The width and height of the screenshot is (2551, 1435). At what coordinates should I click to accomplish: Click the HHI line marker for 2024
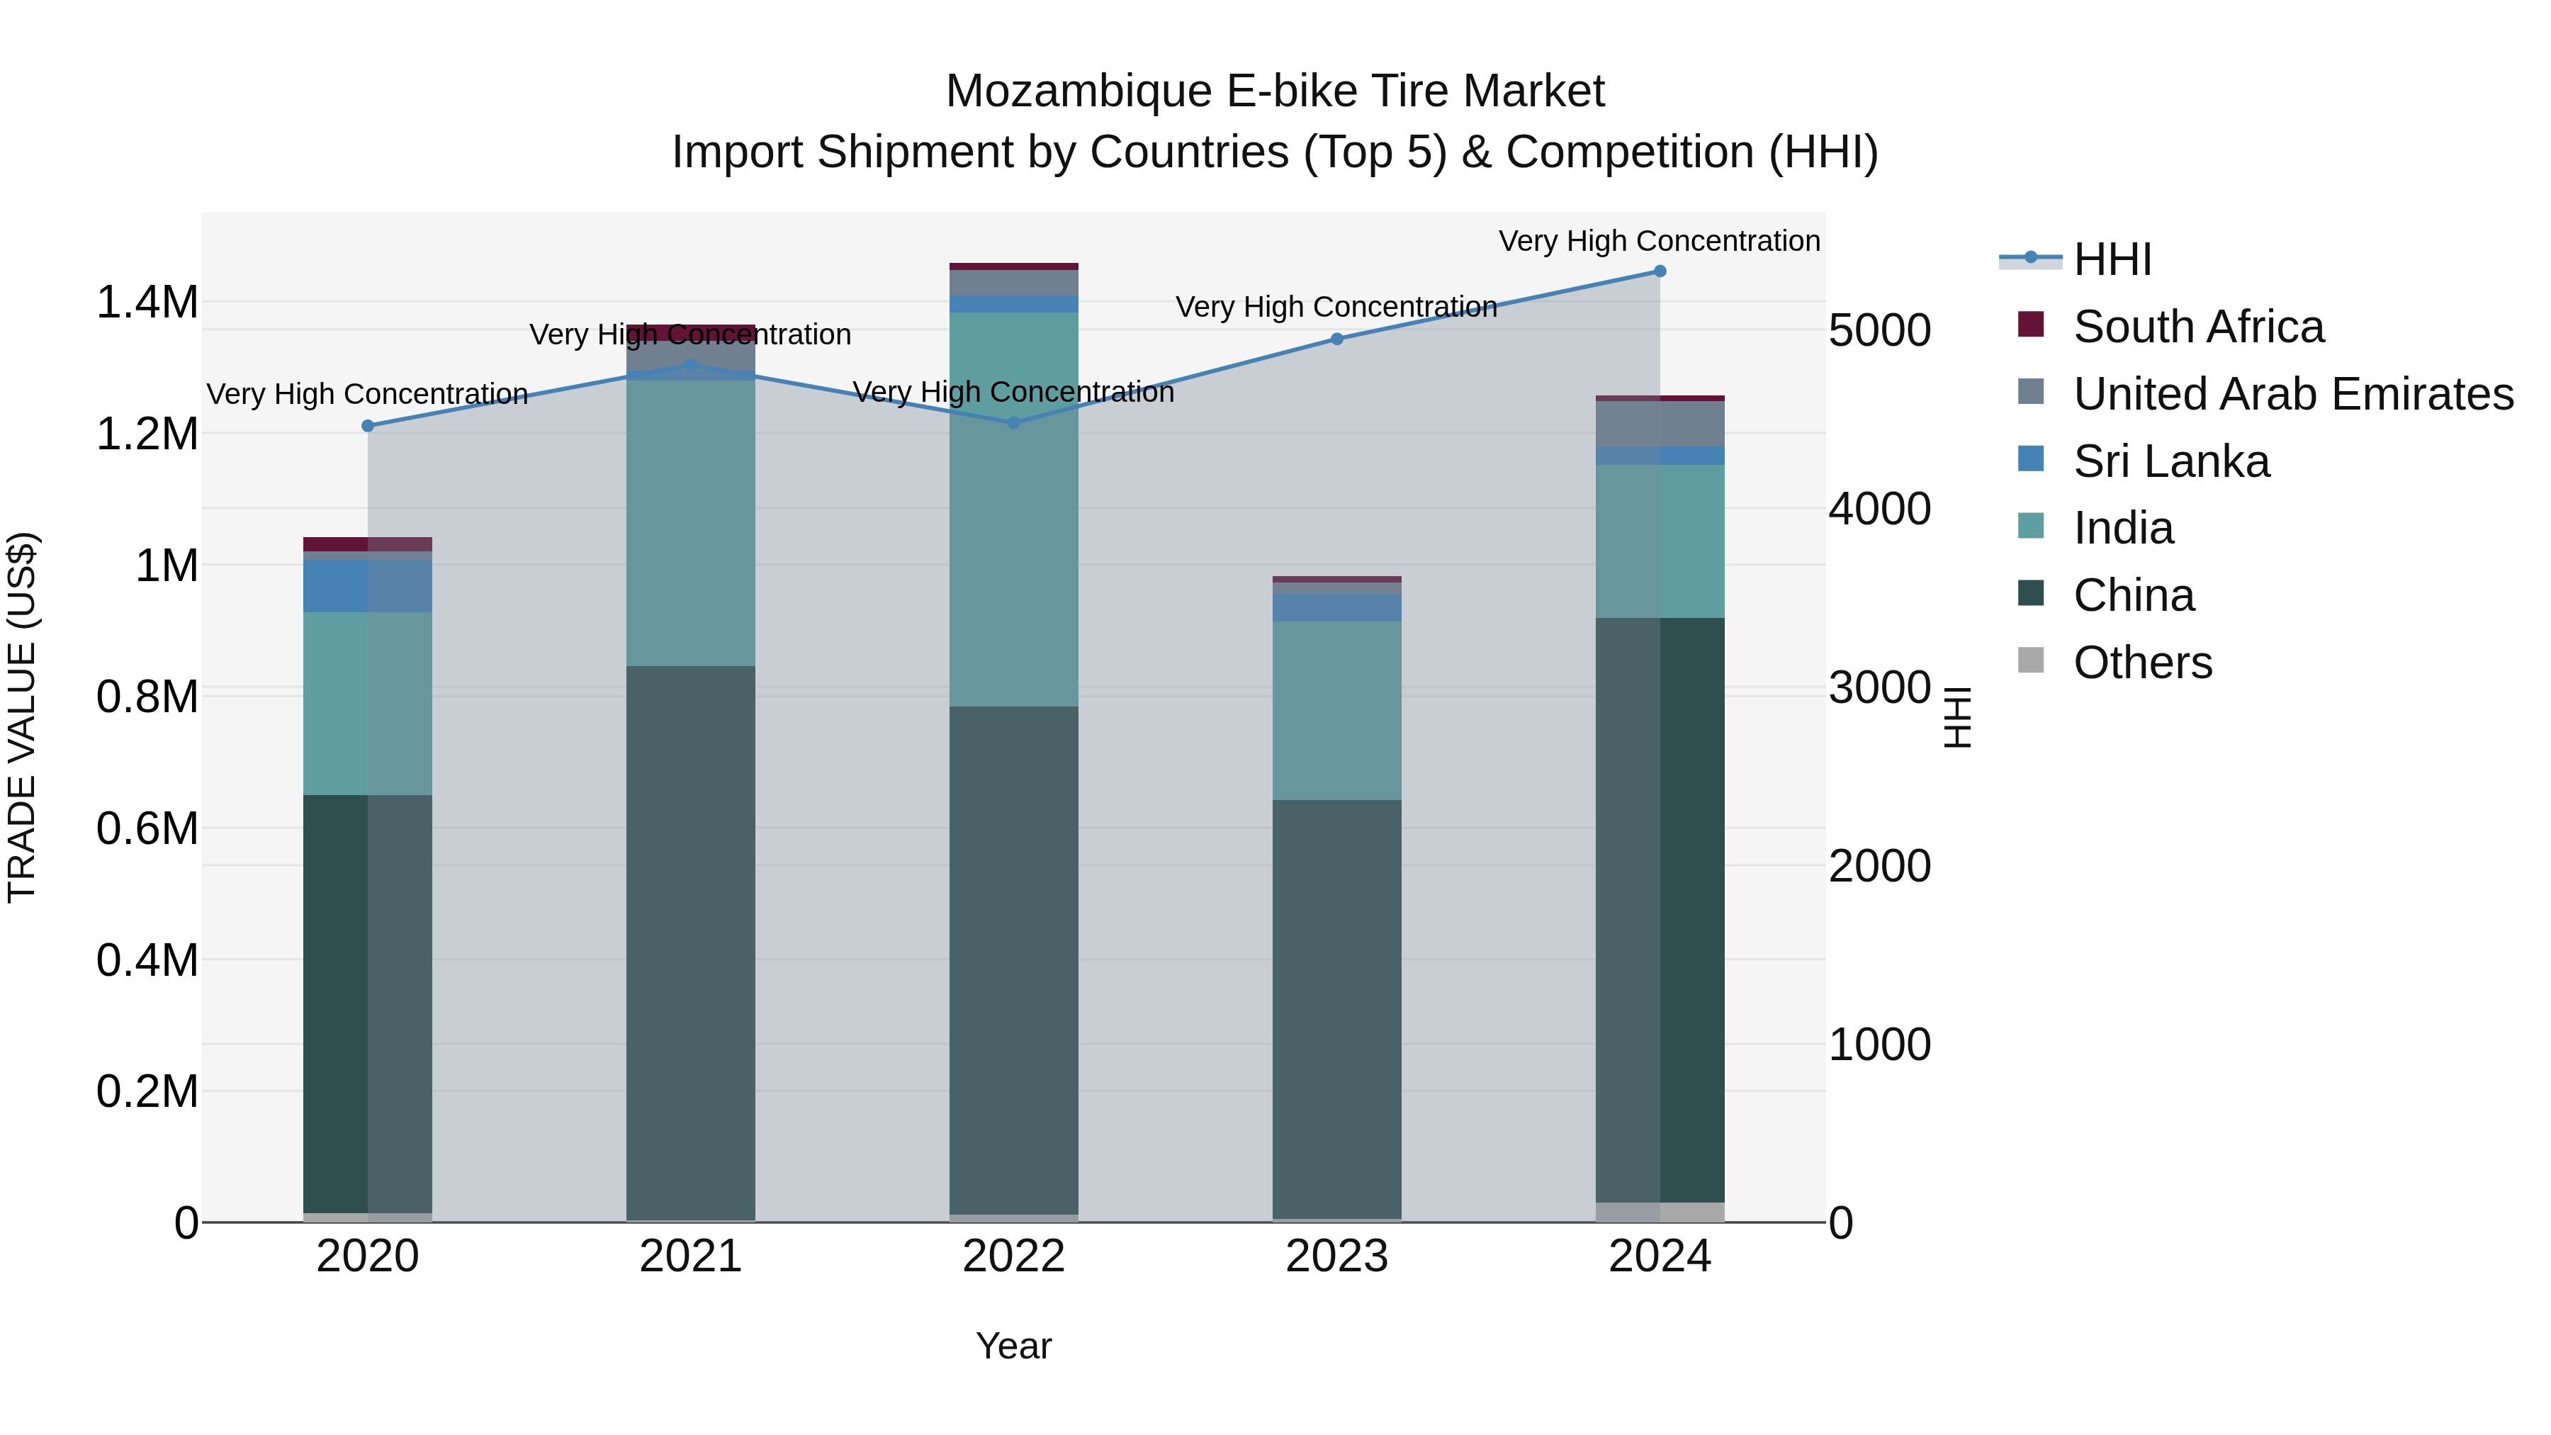(x=1660, y=271)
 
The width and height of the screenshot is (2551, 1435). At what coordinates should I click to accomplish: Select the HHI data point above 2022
(x=1013, y=423)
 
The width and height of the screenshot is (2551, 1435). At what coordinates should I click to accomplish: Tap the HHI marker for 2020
(x=367, y=426)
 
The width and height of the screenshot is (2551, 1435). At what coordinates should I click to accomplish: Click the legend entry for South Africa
(x=2197, y=327)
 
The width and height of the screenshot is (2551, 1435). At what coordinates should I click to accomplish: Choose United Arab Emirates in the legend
(x=2292, y=394)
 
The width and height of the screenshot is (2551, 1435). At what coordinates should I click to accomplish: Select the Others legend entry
(x=2142, y=663)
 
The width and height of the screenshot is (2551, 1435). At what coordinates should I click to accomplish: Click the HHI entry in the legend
(x=2112, y=259)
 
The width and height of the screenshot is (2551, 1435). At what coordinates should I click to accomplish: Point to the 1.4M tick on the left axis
(x=147, y=302)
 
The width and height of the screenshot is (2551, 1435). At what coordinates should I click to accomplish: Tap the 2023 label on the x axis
(x=1336, y=1256)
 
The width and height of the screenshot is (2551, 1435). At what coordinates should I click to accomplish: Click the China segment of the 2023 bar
(x=1336, y=1010)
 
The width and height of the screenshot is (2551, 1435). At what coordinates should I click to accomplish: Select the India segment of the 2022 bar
(x=1013, y=510)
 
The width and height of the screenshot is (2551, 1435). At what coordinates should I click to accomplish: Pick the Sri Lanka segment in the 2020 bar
(x=367, y=586)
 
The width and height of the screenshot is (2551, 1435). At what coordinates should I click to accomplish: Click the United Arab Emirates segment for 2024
(x=1660, y=424)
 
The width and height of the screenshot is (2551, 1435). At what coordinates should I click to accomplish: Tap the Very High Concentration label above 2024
(x=1659, y=241)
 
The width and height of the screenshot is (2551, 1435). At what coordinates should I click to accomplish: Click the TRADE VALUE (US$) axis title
(x=22, y=717)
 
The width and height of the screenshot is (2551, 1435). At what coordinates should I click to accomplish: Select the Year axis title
(x=1013, y=1346)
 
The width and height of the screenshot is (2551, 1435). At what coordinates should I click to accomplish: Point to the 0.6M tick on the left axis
(x=147, y=828)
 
